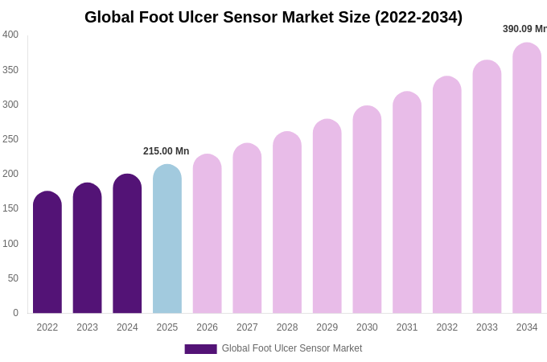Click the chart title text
coord(273,17)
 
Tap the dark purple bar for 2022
coord(47,253)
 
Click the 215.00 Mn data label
coord(166,151)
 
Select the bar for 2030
coord(367,210)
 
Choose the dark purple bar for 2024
coord(127,244)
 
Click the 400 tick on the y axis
coord(10,35)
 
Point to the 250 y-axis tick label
coord(10,139)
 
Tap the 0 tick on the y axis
coord(15,313)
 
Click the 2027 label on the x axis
coord(247,327)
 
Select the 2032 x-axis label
coord(447,327)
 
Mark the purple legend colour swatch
coord(200,349)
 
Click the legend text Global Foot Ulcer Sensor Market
coord(292,348)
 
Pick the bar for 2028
coord(287,223)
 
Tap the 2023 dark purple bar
coord(87,249)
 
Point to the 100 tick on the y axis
coord(10,244)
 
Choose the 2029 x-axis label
coord(327,327)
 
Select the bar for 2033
coord(487,187)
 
